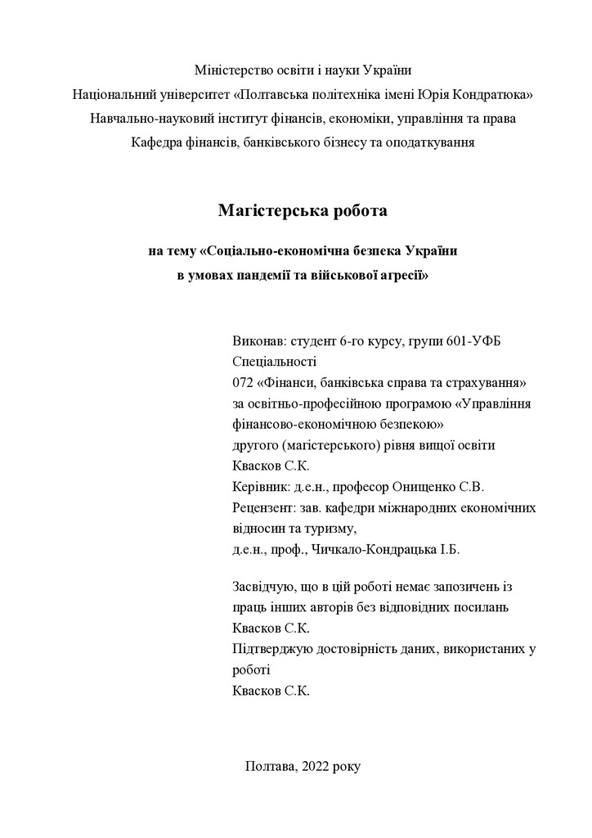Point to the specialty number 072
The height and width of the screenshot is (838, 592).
[244, 382]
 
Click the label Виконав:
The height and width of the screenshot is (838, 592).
[259, 340]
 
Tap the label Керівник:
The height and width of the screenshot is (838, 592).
[262, 487]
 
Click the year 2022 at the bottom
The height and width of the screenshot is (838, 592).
[316, 766]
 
